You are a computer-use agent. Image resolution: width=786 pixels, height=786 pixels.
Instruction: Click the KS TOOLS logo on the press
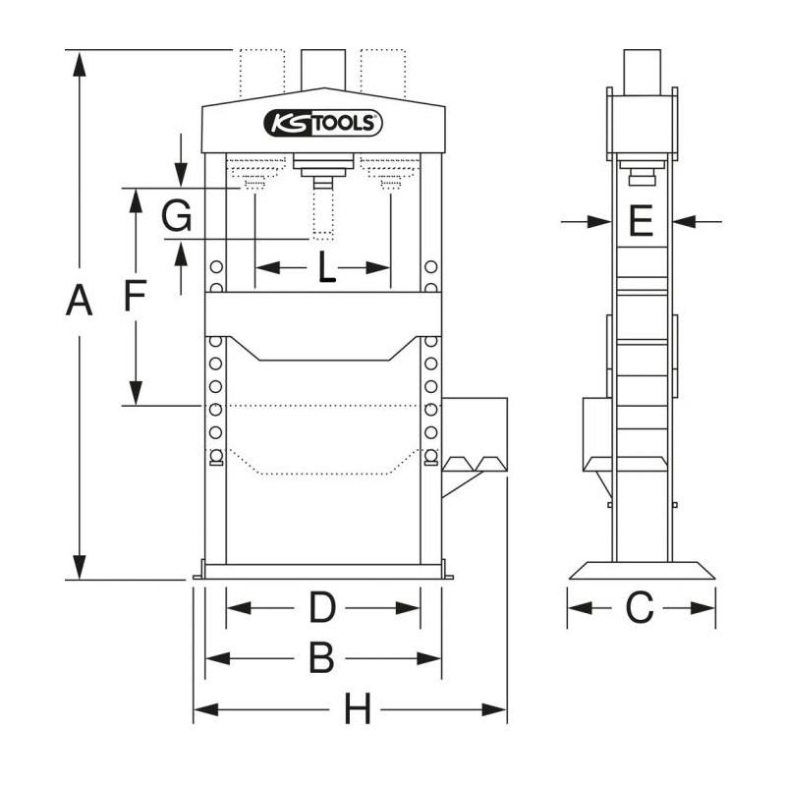[x=322, y=124]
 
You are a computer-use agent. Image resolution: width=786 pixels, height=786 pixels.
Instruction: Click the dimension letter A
[x=79, y=302]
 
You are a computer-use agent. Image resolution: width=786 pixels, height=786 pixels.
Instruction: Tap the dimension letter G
[x=177, y=215]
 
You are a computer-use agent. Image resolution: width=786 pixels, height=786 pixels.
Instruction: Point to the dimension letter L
[x=325, y=268]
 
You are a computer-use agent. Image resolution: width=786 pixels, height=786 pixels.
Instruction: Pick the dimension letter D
[x=322, y=609]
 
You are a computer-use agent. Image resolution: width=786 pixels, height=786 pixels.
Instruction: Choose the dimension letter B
[x=322, y=658]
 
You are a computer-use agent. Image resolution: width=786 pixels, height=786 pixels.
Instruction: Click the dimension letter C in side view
[x=640, y=609]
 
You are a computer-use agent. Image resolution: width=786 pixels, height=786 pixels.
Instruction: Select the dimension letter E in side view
[x=641, y=223]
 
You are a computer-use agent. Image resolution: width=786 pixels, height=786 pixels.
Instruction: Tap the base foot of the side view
[x=642, y=570]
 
